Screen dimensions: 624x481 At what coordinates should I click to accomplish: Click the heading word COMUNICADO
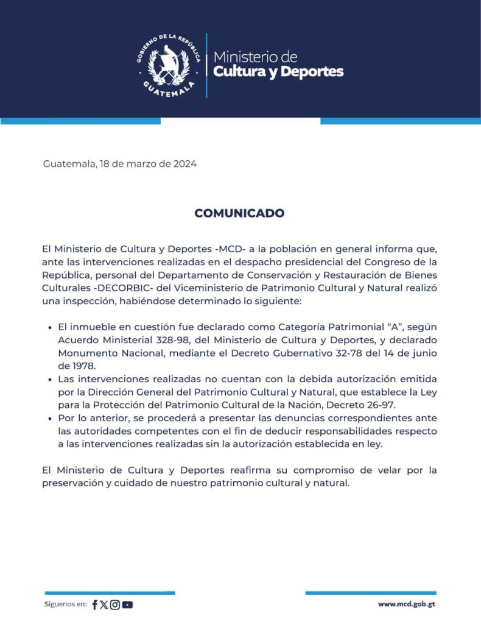(x=239, y=213)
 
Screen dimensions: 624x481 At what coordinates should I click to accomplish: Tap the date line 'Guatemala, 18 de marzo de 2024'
(x=120, y=164)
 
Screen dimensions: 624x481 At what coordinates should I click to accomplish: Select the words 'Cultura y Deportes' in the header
(x=278, y=72)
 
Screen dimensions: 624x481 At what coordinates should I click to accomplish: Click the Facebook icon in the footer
(x=95, y=604)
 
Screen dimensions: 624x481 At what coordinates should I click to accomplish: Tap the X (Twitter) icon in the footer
(x=104, y=604)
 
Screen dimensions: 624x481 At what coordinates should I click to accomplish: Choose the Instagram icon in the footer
(x=114, y=604)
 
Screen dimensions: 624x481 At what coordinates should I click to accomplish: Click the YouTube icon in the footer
(x=127, y=604)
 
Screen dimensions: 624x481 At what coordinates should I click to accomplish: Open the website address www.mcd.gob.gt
(x=406, y=604)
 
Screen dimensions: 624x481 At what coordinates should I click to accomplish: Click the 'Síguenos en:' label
(x=65, y=604)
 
